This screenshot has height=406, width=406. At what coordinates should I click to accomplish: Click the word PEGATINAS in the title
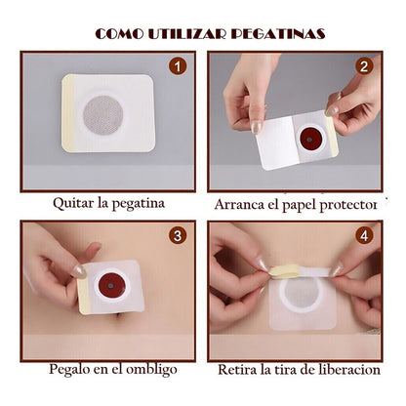278,34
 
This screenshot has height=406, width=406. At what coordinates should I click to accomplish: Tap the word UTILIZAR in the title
186,34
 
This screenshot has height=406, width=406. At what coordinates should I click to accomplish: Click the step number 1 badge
178,66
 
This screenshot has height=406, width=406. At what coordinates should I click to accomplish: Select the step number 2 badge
364,66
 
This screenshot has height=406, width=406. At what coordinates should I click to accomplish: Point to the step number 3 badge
178,235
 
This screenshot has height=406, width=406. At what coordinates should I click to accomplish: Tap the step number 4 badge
364,235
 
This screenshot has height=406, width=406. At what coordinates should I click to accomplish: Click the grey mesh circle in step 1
103,114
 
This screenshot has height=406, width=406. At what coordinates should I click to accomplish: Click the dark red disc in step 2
310,140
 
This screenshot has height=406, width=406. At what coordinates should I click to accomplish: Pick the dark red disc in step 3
111,285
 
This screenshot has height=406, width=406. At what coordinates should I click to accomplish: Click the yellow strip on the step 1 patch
67,113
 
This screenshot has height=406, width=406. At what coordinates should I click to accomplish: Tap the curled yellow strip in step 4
285,270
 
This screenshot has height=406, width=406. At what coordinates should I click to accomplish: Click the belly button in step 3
119,314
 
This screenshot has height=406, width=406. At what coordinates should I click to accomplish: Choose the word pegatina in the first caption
139,204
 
